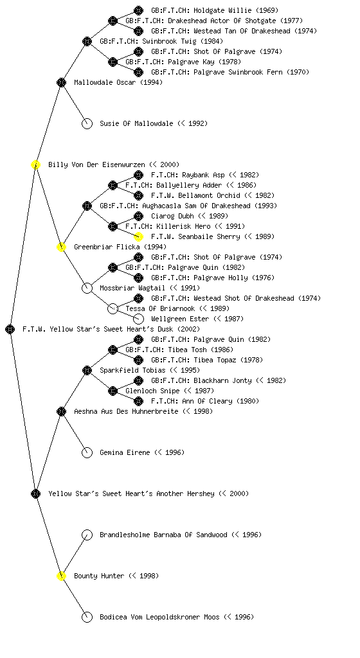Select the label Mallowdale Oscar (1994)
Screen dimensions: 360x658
coord(118,82)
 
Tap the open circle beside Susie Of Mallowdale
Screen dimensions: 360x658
coord(87,123)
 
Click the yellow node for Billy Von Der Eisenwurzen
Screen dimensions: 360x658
coord(35,164)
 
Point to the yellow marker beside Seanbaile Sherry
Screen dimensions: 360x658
coord(138,236)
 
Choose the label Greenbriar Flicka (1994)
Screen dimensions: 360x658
coord(120,247)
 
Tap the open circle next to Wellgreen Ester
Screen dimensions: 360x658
coord(138,319)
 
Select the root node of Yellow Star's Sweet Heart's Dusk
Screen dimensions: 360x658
coord(10,329)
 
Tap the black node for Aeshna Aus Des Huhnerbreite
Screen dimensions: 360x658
coord(61,411)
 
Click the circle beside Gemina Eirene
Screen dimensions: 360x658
coord(87,452)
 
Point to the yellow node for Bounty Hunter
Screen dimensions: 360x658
coord(61,576)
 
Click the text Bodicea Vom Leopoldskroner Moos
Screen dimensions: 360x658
coord(159,617)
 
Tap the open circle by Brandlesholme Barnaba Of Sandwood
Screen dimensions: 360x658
coord(87,535)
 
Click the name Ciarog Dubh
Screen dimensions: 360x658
coord(172,216)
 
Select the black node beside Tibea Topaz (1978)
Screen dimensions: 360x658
coord(138,360)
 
